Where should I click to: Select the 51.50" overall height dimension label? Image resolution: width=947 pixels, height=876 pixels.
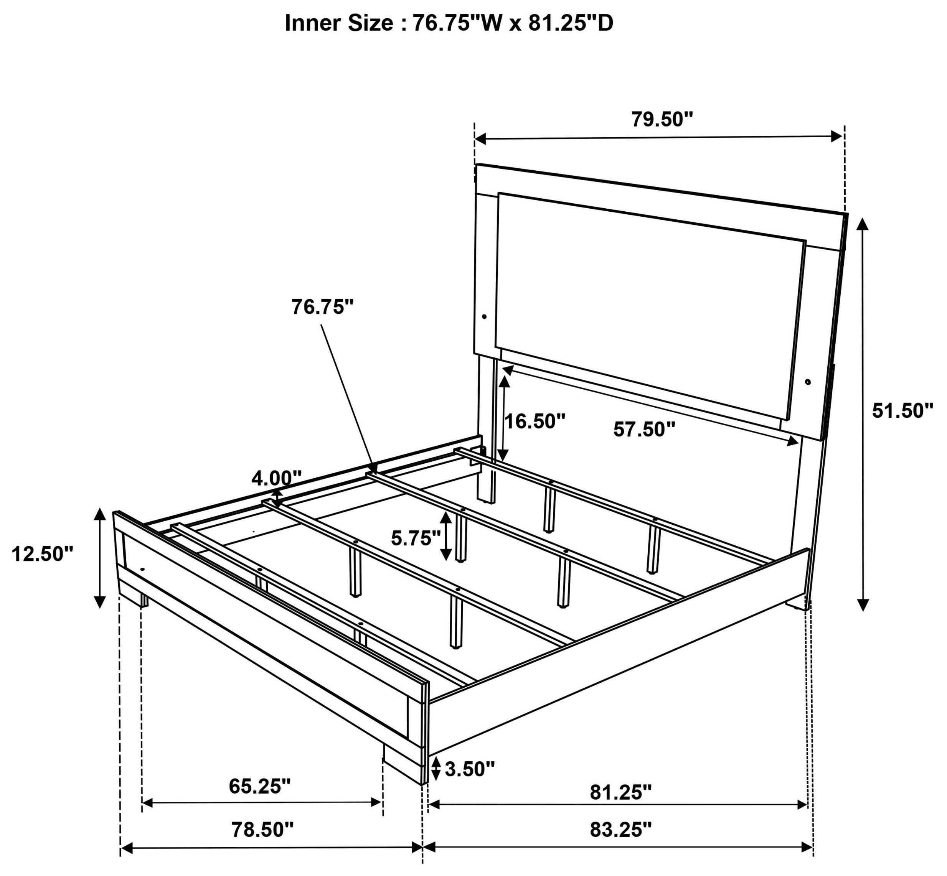tap(903, 410)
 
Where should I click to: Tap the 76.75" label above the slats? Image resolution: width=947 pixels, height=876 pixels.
tap(322, 307)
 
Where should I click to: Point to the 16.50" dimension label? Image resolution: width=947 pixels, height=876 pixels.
tap(535, 421)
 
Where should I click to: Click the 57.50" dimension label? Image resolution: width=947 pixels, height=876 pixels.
tap(644, 430)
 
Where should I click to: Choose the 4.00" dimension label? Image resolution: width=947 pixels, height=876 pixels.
tap(276, 479)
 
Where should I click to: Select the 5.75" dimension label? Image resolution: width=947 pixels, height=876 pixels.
tap(416, 538)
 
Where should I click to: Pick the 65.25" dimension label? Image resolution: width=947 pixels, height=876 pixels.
tap(259, 786)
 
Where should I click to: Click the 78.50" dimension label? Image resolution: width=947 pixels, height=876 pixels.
tap(262, 830)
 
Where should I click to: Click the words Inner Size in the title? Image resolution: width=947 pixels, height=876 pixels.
tap(338, 24)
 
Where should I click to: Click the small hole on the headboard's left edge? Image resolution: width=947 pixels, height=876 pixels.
tap(484, 316)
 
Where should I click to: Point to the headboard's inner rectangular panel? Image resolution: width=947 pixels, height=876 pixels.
tap(650, 303)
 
